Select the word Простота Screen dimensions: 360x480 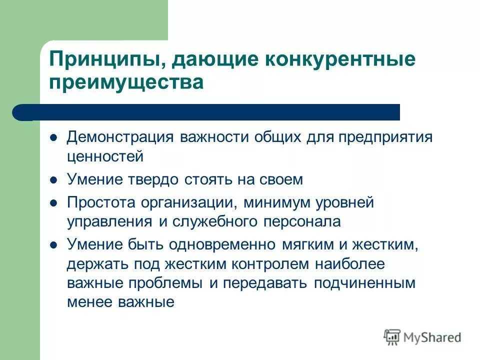(102, 202)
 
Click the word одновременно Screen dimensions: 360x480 (222, 244)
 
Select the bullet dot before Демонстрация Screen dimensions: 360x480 (54, 137)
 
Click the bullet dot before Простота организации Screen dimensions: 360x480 (54, 202)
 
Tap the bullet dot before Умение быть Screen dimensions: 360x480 (54, 244)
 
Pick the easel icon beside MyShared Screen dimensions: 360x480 (392, 337)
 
